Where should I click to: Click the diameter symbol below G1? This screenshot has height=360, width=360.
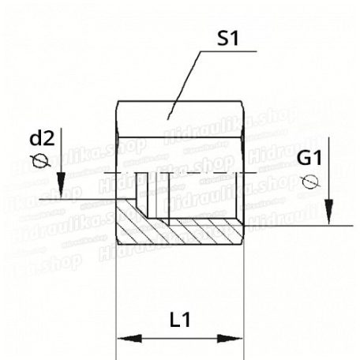click(309, 182)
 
